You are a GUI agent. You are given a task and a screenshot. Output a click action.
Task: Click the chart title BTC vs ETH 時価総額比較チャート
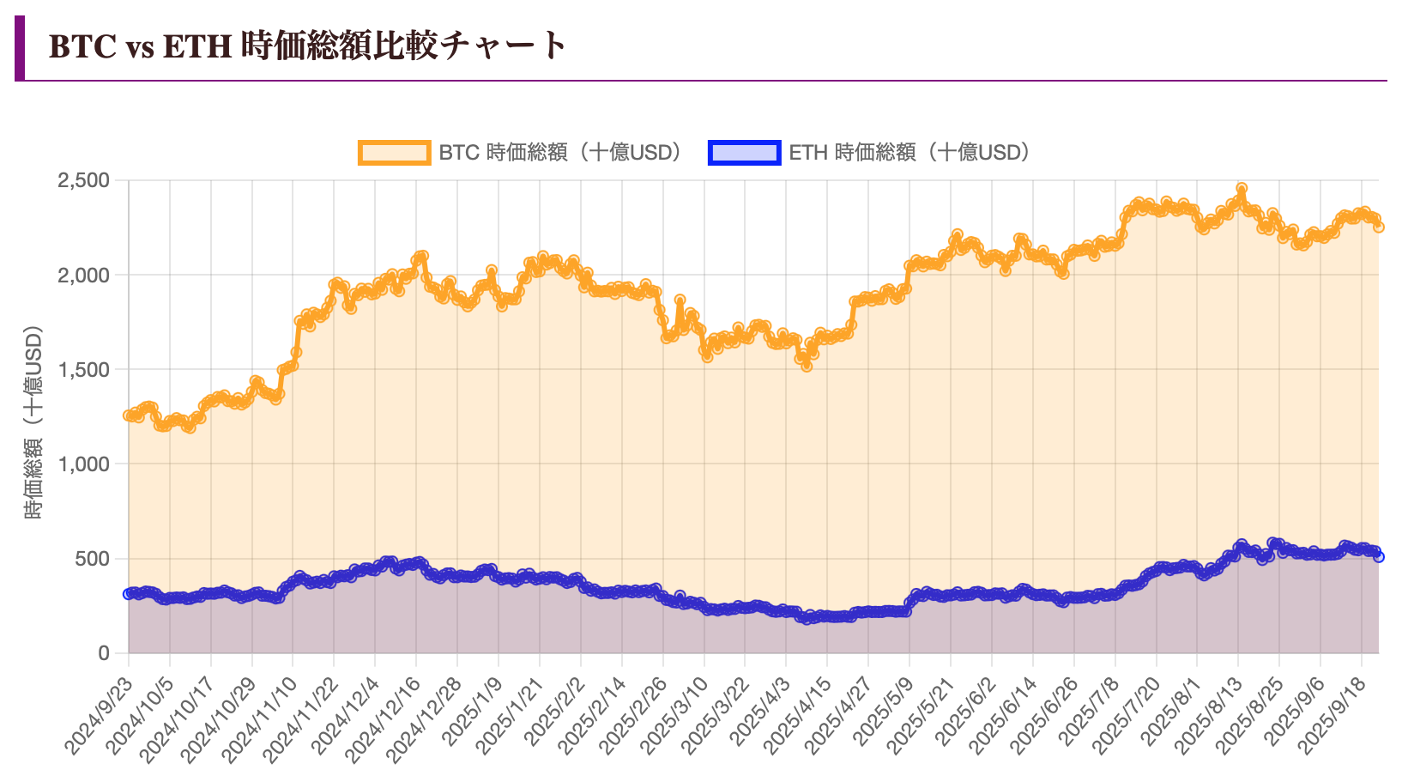pos(308,45)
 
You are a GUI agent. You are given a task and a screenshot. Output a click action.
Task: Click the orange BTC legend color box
pos(394,153)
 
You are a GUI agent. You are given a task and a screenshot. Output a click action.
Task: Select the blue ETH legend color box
pos(744,153)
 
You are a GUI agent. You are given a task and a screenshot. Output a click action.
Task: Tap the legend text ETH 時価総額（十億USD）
pos(909,153)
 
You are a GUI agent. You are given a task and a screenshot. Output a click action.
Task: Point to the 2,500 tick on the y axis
pos(83,180)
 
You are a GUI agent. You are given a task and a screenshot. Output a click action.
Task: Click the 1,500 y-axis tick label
pos(83,369)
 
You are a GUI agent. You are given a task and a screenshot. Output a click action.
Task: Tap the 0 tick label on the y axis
pos(104,653)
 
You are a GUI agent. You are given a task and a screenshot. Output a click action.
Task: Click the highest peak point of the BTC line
pos(1241,188)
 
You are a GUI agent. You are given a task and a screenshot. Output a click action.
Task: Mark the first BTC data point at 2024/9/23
pos(129,415)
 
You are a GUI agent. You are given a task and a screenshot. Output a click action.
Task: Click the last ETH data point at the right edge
pos(1378,557)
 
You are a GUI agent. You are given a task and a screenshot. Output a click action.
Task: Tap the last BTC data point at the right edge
pos(1378,227)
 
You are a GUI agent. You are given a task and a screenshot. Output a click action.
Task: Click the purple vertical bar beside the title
pos(20,48)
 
